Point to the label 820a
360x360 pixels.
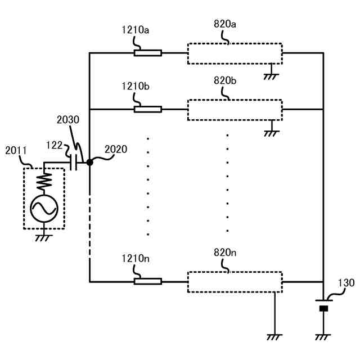pos(225,25)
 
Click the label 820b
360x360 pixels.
pos(225,80)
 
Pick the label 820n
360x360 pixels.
pos(225,253)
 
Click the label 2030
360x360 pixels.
pos(68,120)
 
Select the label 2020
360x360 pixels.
pos(116,150)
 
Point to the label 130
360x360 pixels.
pos(346,283)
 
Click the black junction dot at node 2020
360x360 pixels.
pos(89,163)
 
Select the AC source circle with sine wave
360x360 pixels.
pos(44,209)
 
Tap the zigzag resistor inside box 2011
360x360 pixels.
pos(44,182)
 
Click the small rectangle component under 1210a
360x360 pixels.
pos(147,53)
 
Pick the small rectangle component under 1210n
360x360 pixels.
pos(147,281)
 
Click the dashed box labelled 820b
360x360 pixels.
pos(235,109)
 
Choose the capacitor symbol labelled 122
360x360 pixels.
pos(73,163)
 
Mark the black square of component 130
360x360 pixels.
pos(323,308)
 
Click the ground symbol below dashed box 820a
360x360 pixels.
pos(271,75)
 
